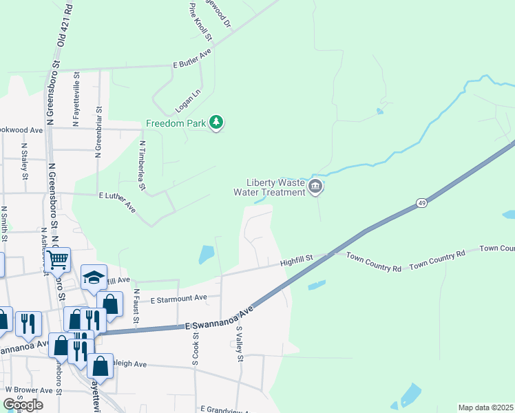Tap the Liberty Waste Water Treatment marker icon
(x=315, y=187)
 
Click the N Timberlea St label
(x=143, y=166)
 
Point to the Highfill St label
(x=297, y=260)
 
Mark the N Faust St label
(x=136, y=307)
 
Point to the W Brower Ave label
(x=29, y=390)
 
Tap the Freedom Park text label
(x=176, y=124)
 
